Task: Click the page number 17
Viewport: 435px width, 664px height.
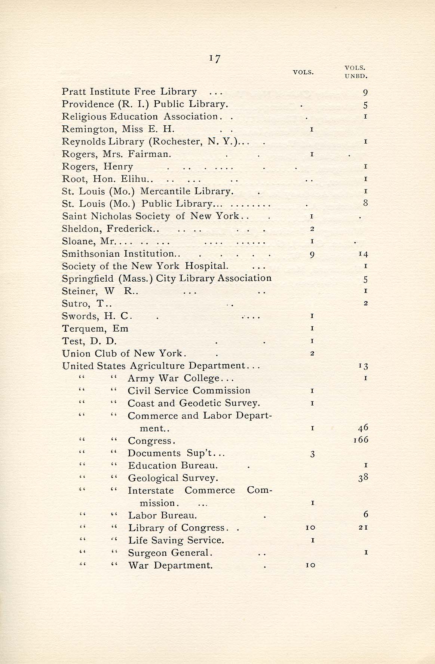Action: tap(215, 58)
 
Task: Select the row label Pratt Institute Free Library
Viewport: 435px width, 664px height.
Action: tap(129, 92)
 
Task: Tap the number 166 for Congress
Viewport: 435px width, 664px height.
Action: tap(361, 440)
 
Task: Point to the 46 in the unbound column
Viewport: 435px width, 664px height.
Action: tap(363, 427)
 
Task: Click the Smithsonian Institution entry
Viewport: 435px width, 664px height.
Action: tap(118, 254)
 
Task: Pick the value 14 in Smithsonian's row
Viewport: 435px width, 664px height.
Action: tap(363, 254)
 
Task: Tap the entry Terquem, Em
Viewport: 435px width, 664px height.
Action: tap(95, 329)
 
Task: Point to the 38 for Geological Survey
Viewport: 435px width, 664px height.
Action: tap(363, 477)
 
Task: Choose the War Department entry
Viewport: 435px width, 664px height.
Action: tap(170, 565)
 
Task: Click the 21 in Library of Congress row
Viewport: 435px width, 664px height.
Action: tap(363, 527)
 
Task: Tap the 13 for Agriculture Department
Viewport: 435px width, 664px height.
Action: tap(363, 366)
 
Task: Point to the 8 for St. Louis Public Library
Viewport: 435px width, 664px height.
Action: tap(365, 203)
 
